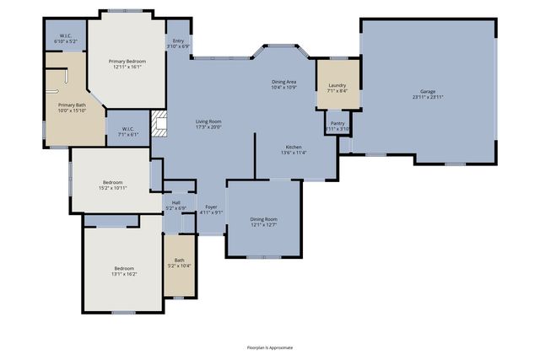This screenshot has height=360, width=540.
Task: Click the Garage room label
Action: [428, 90]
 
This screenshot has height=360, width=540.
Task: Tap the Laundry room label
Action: [337, 85]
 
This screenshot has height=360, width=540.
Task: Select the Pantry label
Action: [337, 123]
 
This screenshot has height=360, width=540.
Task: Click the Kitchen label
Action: [294, 147]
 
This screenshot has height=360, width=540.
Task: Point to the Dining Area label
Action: [283, 81]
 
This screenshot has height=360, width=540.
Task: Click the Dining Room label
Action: [263, 219]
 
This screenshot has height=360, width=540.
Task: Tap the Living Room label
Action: [208, 121]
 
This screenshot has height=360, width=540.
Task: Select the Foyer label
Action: [211, 207]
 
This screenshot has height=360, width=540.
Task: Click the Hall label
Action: [176, 202]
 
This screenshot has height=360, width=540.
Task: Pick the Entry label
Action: [178, 40]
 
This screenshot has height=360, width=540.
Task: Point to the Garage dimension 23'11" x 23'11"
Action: [428, 97]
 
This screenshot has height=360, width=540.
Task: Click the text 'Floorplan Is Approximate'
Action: [270, 347]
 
